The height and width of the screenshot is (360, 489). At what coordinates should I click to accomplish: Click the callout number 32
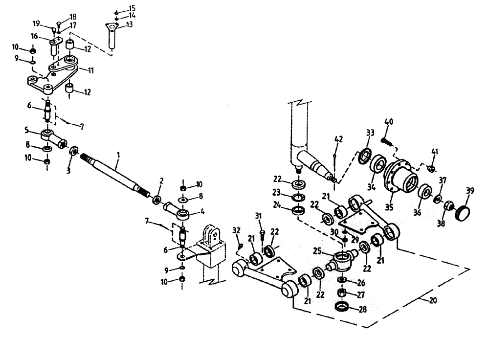tap(236, 230)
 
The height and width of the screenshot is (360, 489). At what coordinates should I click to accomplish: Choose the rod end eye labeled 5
tap(48, 135)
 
